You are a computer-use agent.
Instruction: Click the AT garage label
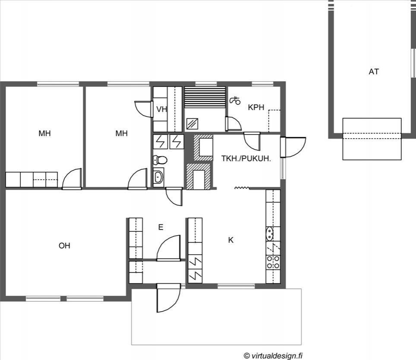click(374, 72)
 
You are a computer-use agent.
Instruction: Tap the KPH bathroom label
click(256, 107)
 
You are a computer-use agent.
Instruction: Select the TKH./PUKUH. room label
click(246, 159)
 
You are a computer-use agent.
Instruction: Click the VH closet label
click(161, 109)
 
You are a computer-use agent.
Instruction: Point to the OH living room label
click(64, 246)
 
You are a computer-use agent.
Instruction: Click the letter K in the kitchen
click(231, 240)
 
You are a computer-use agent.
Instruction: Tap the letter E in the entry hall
click(161, 227)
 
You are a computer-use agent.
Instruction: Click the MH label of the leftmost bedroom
click(44, 133)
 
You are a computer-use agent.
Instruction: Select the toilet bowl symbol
click(160, 160)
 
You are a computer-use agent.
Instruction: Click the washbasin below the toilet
click(158, 176)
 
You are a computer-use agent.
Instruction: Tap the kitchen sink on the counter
click(270, 234)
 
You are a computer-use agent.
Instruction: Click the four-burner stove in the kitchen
click(273, 262)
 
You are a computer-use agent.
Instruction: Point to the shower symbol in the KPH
click(235, 101)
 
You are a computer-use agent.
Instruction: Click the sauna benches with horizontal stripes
click(205, 97)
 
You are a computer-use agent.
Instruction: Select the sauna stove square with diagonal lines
click(192, 124)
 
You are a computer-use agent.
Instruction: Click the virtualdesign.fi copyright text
click(273, 355)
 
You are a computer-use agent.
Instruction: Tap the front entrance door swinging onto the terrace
click(169, 298)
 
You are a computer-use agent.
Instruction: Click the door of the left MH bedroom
click(72, 179)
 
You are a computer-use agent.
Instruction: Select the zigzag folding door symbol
click(242, 188)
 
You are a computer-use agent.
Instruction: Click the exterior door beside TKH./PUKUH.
click(293, 147)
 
